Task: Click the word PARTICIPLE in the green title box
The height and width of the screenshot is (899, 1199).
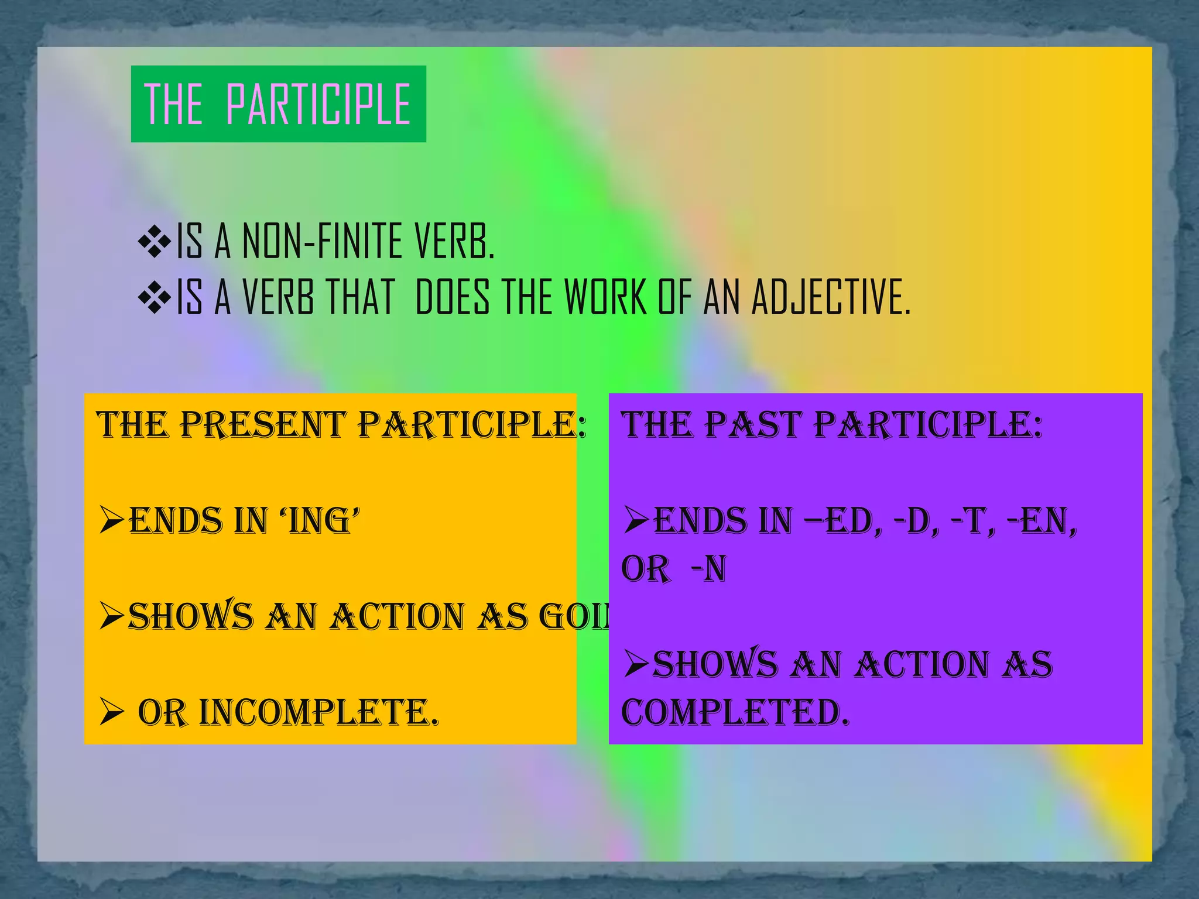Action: coord(318,104)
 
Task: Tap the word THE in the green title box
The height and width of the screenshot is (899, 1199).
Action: coord(173,104)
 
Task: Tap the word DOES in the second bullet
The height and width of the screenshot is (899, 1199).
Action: coord(452,297)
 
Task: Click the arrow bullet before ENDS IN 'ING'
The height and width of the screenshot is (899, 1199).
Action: coord(112,520)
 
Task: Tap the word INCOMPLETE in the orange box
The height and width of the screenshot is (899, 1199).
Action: coord(319,712)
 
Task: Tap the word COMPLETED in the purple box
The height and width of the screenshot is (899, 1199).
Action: coord(735,712)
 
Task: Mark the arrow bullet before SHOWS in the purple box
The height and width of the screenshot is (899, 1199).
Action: coord(636,664)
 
